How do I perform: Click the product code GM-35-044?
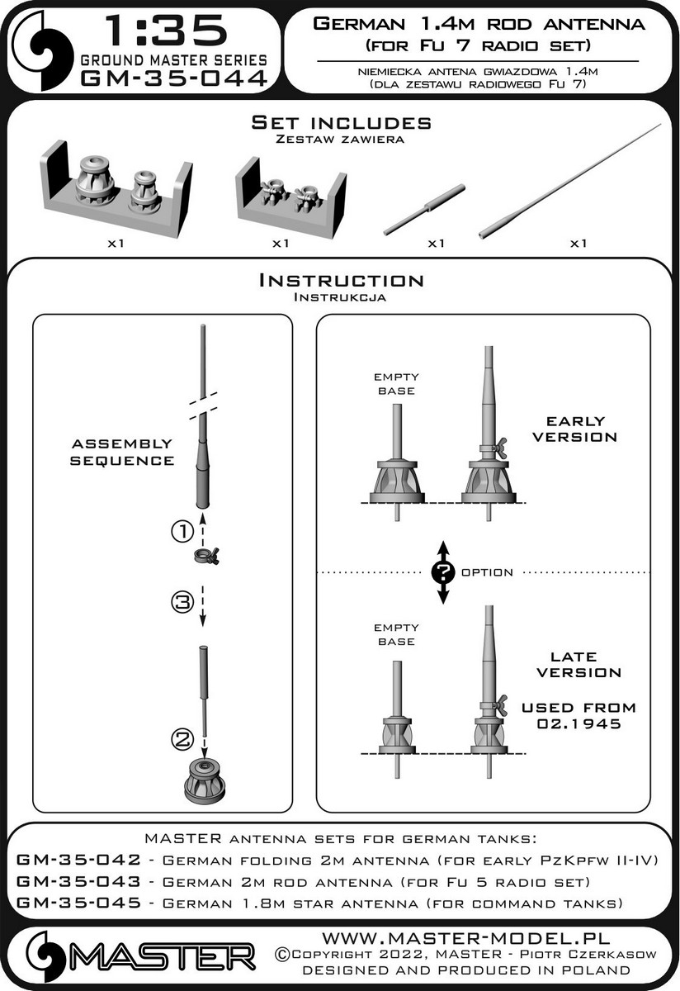(174, 78)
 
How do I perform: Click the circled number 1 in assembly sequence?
(182, 530)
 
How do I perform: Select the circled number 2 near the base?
(182, 738)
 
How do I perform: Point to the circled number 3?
(182, 602)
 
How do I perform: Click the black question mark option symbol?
(443, 572)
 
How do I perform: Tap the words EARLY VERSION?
(574, 429)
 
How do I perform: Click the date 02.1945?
(578, 723)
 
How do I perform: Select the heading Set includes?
(341, 122)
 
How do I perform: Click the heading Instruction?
(341, 281)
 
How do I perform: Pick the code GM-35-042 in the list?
(78, 860)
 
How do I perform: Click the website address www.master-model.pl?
(466, 938)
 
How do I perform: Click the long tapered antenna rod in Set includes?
(570, 182)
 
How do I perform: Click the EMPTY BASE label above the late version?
(396, 634)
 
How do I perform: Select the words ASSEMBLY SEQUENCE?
(122, 453)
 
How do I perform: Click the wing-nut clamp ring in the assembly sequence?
(206, 555)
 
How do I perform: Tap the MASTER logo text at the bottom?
(163, 957)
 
